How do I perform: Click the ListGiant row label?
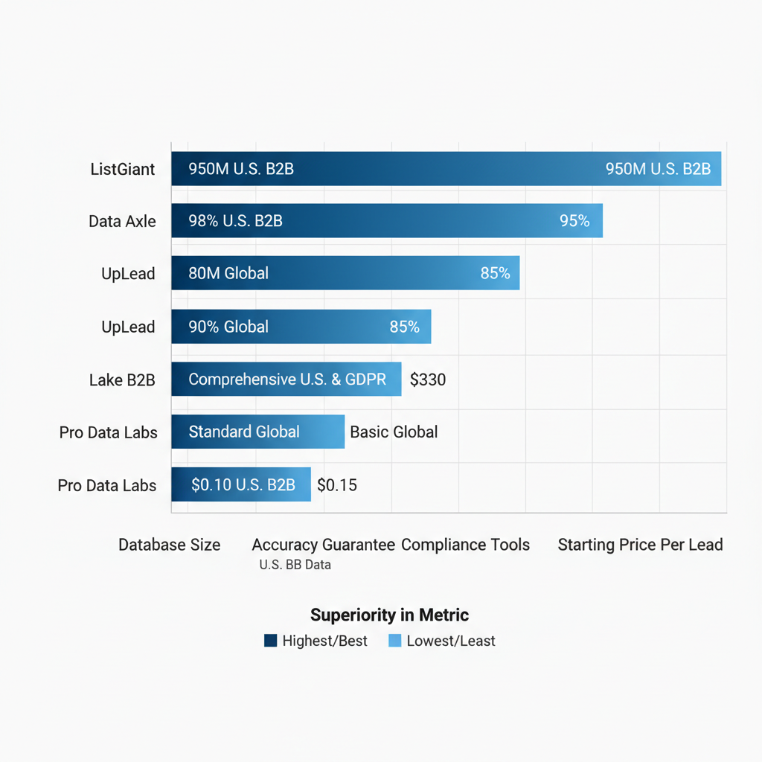123,169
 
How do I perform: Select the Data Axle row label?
122,221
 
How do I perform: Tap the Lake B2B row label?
122,380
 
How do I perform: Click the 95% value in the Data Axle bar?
574,221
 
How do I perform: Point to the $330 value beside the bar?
428,380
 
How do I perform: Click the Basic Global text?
394,432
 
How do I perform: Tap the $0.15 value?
337,485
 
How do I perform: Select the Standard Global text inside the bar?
244,432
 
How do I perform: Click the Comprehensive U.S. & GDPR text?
287,380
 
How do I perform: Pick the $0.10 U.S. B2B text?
243,485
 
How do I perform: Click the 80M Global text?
228,273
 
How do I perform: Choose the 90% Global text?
228,327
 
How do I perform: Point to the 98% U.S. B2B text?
235,221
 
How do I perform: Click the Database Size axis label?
170,545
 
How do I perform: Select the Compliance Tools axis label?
465,545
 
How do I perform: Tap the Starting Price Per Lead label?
640,545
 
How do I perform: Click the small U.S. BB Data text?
295,565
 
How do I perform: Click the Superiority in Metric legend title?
389,615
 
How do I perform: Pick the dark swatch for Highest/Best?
271,641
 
